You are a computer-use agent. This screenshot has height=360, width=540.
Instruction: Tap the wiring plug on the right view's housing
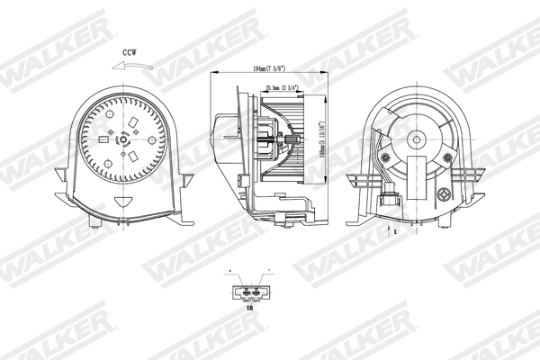(393, 198)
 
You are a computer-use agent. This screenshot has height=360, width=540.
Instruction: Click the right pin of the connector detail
(256, 292)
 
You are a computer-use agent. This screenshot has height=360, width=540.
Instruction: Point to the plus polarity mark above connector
(233, 270)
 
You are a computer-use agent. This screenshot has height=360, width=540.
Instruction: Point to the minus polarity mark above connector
(267, 270)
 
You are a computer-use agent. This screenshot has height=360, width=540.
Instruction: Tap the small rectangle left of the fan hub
(106, 140)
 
